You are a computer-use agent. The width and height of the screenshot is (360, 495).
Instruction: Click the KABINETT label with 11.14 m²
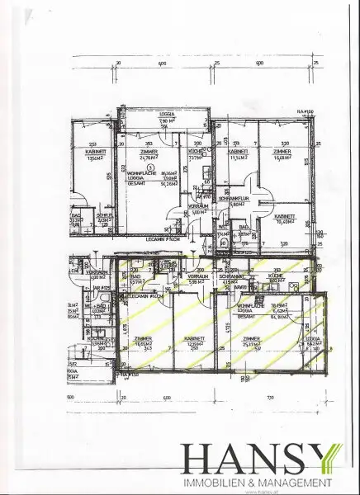pos(239,153)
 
